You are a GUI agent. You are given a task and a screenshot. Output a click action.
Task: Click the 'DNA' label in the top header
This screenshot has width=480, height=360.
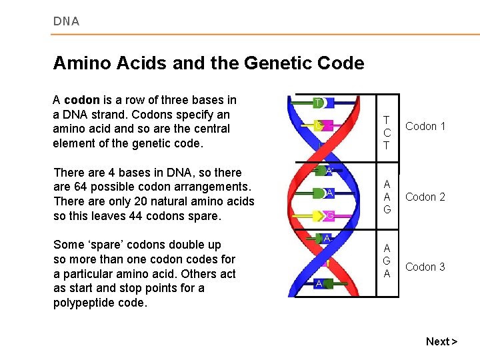click(66, 21)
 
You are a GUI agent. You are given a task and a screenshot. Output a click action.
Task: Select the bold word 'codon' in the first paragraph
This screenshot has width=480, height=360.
click(81, 100)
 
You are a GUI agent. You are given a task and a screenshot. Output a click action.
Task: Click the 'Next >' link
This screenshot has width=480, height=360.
click(441, 341)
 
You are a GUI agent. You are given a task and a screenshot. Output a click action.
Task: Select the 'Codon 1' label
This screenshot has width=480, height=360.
click(425, 126)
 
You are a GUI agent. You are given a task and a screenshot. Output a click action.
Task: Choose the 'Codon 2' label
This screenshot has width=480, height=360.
click(425, 197)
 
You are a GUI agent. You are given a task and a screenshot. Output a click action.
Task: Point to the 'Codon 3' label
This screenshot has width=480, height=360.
click(425, 267)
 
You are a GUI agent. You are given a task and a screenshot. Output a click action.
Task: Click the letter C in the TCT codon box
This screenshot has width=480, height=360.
click(387, 133)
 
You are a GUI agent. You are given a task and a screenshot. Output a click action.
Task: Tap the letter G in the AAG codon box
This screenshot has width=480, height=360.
click(387, 209)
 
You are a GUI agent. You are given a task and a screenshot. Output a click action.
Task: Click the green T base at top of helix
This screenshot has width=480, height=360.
click(319, 103)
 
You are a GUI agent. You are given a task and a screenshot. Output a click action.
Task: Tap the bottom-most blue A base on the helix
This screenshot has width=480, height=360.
click(320, 283)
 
